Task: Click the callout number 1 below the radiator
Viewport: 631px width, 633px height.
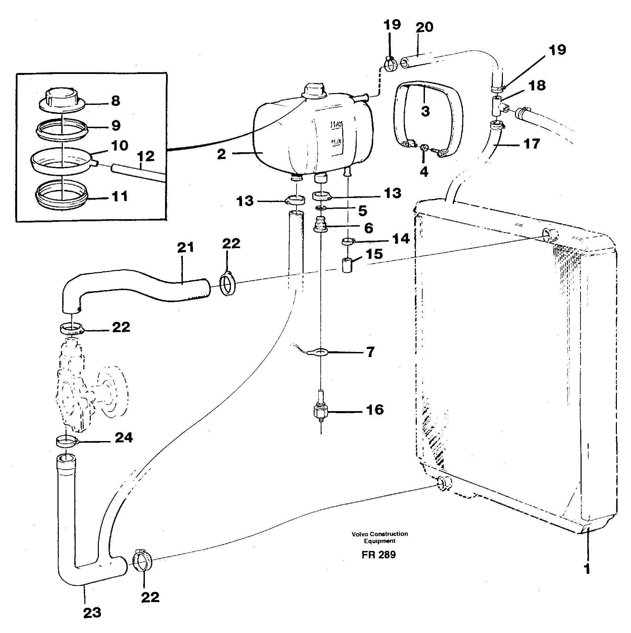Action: click(x=587, y=569)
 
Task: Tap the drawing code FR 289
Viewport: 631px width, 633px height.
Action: click(x=379, y=554)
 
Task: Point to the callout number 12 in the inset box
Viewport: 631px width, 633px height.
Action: click(x=146, y=157)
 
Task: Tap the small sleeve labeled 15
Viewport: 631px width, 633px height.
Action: click(x=347, y=265)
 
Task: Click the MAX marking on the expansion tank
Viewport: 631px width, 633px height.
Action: click(x=336, y=125)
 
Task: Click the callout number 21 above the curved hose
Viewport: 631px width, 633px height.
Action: click(x=186, y=248)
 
